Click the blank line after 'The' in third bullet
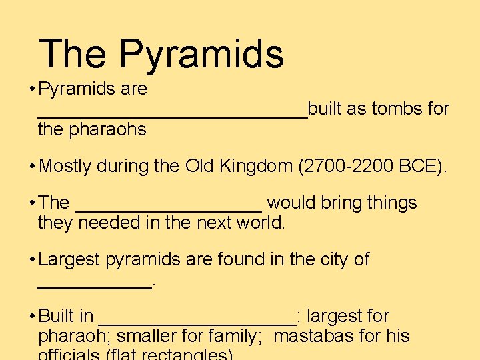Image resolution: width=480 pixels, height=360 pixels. pyautogui.click(x=169, y=208)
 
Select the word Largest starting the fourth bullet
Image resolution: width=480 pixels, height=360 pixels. pyautogui.click(x=69, y=259)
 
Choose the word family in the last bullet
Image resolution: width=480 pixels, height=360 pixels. pyautogui.click(x=234, y=336)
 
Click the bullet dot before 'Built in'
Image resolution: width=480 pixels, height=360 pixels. pyautogui.click(x=32, y=316)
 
